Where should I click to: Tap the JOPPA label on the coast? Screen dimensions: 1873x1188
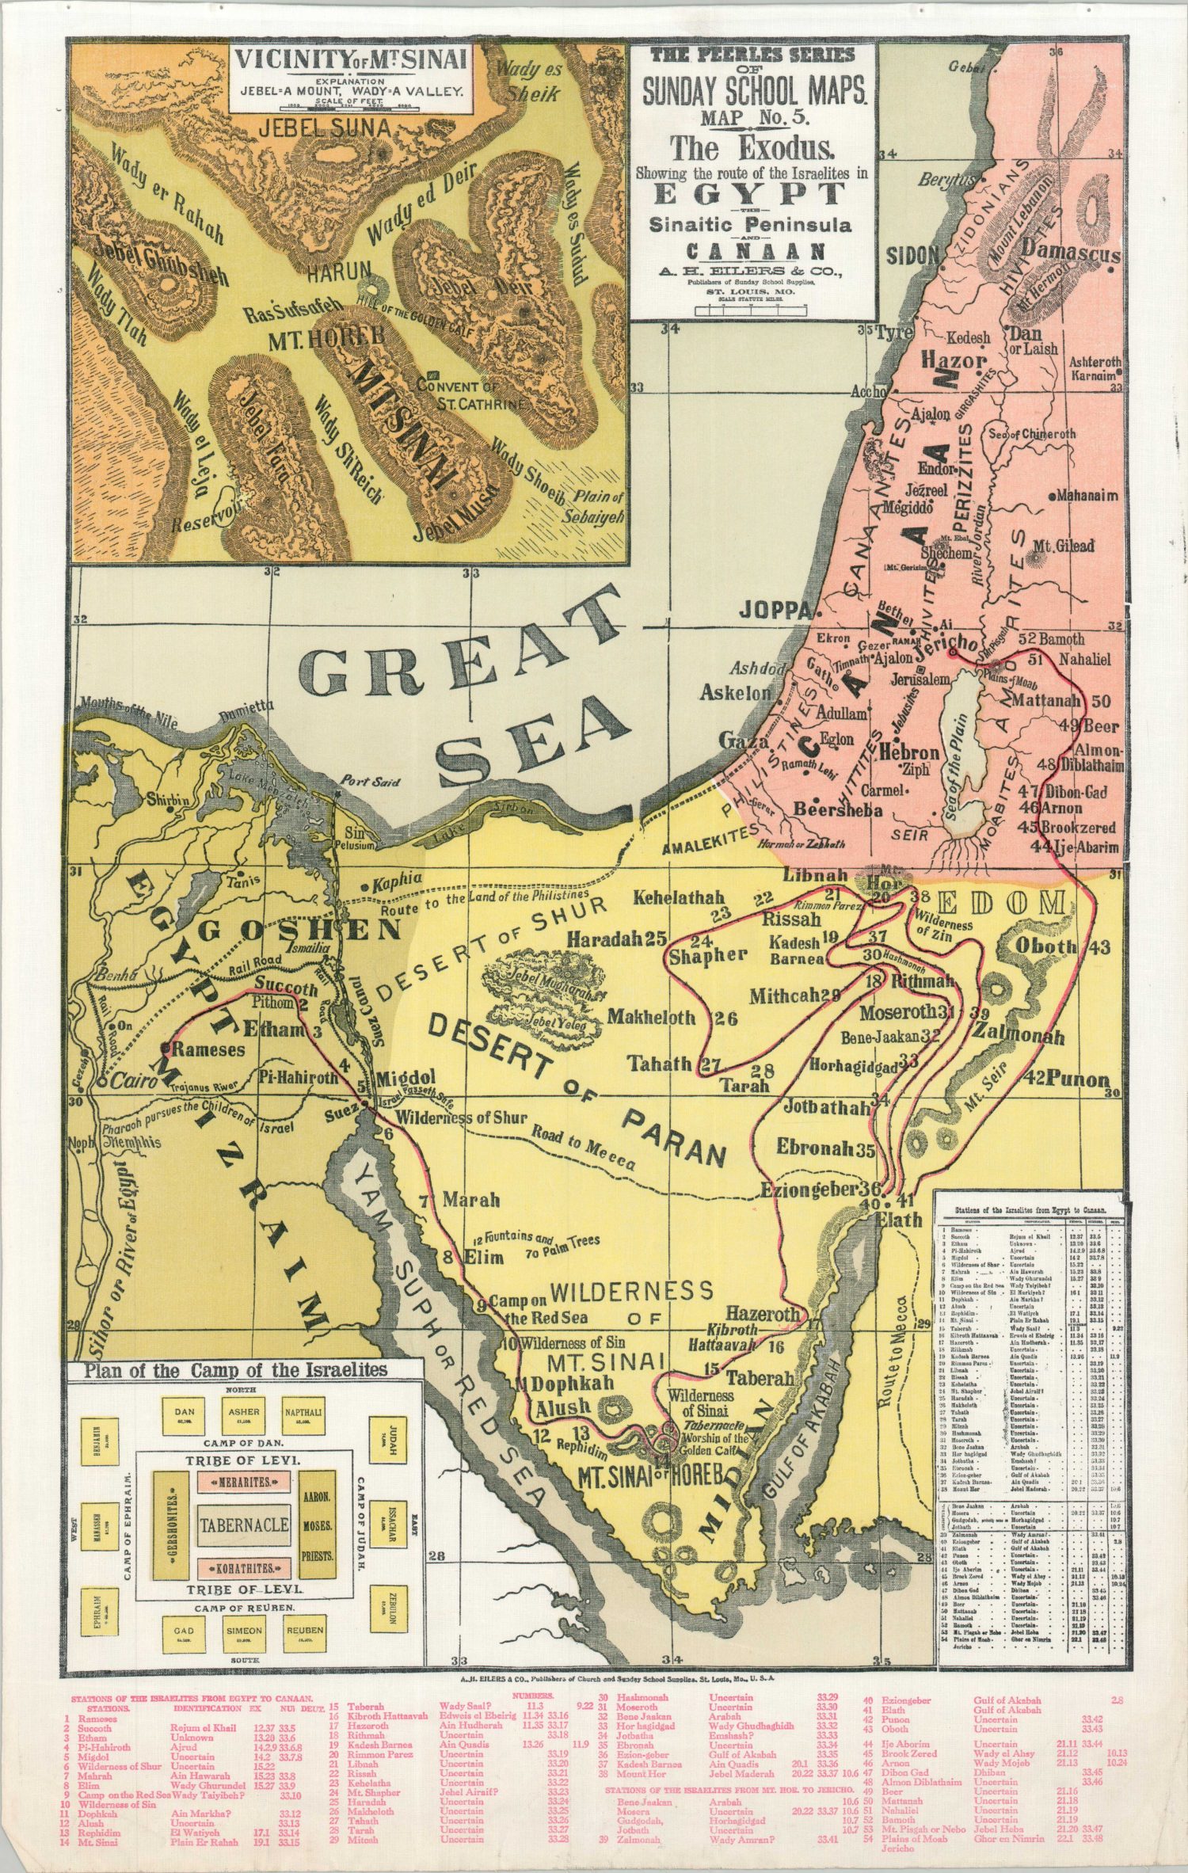coord(775,610)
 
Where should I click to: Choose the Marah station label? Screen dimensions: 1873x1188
coord(470,1200)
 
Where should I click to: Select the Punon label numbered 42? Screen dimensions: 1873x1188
coord(1076,1079)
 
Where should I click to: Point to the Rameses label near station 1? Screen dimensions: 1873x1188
coord(208,1050)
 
